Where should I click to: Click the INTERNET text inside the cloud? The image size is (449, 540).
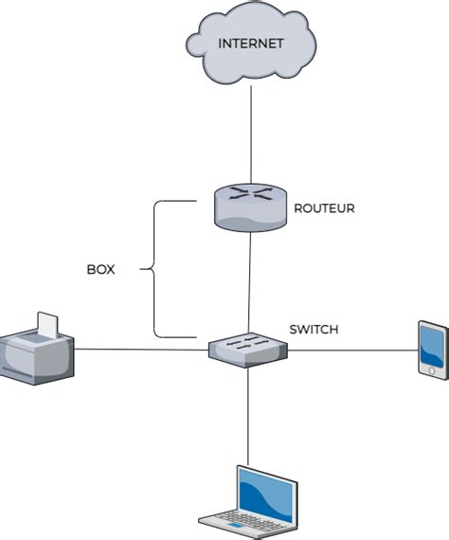[251, 44]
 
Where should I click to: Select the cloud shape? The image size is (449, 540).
[251, 43]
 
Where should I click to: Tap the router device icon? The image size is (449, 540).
[250, 207]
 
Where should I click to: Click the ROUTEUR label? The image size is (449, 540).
[324, 208]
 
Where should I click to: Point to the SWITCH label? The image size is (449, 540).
[314, 330]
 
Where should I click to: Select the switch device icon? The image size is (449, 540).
[248, 351]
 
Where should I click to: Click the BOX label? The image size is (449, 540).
[101, 269]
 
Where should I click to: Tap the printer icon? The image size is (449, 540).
[37, 350]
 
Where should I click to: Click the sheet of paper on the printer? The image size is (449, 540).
[48, 325]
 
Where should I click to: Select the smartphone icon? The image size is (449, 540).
[433, 351]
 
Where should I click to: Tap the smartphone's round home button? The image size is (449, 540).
[432, 371]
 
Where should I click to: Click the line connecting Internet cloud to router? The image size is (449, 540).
[251, 135]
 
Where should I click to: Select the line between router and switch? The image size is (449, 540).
[249, 282]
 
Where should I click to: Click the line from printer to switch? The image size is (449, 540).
[141, 350]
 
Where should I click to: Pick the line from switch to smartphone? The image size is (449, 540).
[352, 351]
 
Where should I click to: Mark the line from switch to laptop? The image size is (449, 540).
[248, 417]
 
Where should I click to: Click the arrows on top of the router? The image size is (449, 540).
[251, 193]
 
